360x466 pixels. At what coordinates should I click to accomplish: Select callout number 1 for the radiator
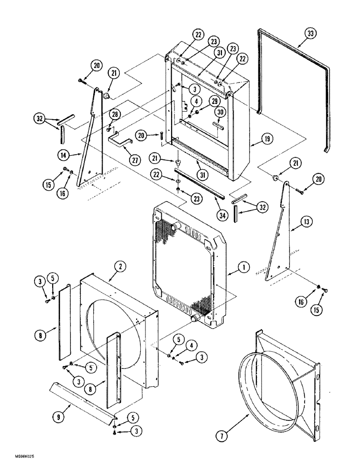[x=245, y=268]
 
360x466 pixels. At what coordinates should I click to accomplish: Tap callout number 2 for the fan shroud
[x=120, y=266]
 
